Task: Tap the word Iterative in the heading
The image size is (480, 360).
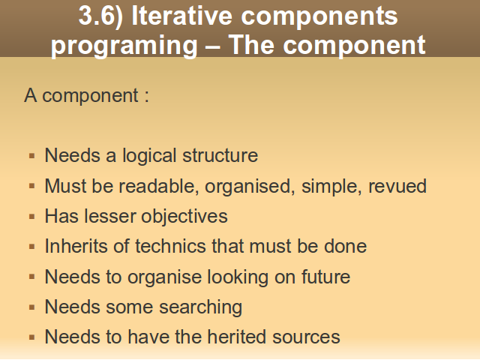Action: pos(181,15)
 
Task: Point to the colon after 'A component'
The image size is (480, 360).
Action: pos(147,96)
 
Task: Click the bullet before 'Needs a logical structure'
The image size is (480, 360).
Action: pos(31,156)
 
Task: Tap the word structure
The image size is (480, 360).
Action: pos(220,155)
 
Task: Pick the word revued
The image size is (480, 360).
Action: pos(397,186)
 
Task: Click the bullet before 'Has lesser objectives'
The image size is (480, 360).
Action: pos(31,217)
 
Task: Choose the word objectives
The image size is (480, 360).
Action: pos(184,217)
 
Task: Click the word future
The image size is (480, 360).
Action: pos(325,277)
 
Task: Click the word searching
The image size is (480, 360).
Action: pos(200,307)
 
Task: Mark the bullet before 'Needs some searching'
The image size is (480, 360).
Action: pos(31,307)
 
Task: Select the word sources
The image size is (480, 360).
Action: pos(306,337)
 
